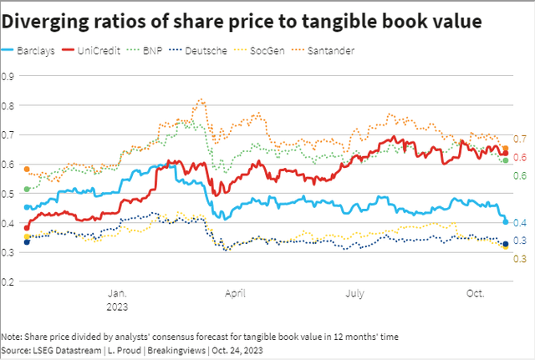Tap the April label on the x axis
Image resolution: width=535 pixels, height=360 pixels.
237,293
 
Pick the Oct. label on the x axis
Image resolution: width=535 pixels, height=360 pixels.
476,293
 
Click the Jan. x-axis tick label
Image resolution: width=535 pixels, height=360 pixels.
118,293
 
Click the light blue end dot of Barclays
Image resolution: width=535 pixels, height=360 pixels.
505,221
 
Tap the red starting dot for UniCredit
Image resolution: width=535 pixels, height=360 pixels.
27,228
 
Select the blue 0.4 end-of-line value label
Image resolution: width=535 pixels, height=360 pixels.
519,222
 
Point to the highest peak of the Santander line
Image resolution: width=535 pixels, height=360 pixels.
201,99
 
